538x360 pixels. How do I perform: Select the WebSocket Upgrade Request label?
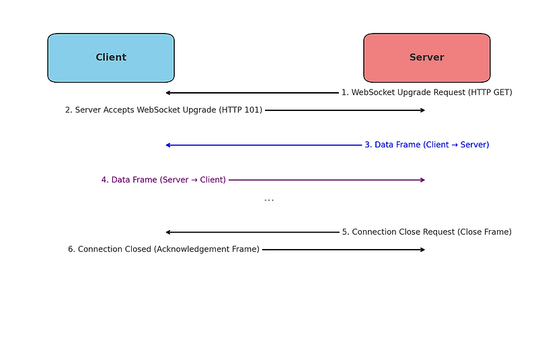(x=426, y=93)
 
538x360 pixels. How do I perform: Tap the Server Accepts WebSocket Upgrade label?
(x=163, y=110)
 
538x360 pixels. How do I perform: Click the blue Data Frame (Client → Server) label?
(x=426, y=145)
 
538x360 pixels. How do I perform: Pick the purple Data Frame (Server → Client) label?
(x=163, y=180)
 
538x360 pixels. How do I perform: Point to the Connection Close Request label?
(x=426, y=232)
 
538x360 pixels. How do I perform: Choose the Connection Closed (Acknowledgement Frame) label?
(x=163, y=250)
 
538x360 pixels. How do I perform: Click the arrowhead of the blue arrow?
(x=168, y=145)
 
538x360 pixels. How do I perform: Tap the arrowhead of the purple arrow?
(x=422, y=180)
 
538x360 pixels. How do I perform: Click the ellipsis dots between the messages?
(x=269, y=200)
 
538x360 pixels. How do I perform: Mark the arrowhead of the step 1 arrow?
(x=168, y=93)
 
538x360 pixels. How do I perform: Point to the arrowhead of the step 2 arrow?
(x=422, y=110)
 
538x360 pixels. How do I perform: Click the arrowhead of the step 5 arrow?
(x=168, y=232)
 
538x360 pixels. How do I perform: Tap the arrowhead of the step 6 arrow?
(x=422, y=250)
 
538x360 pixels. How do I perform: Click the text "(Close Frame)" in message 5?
(x=484, y=232)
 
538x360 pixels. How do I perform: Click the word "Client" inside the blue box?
(x=111, y=58)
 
